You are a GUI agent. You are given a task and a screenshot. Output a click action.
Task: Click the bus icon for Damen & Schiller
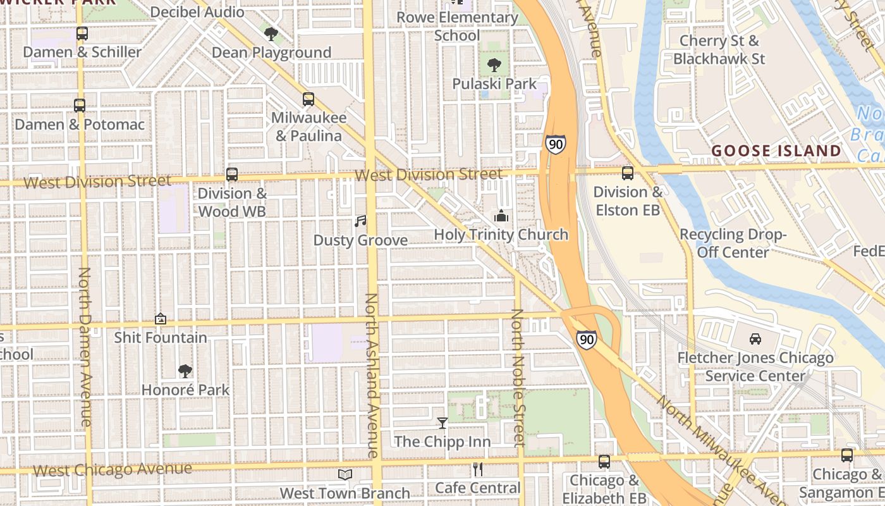coord(82,34)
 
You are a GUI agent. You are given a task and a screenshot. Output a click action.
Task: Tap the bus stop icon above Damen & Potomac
coord(80,106)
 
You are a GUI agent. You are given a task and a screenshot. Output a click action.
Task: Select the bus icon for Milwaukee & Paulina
coord(308,99)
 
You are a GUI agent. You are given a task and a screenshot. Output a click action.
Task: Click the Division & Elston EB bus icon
coord(628,173)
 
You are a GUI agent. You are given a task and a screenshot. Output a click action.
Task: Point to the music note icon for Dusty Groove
coord(360,221)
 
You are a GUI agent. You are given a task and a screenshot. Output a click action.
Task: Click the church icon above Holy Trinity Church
coord(501,216)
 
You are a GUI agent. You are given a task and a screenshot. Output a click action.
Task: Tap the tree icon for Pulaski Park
coord(494,65)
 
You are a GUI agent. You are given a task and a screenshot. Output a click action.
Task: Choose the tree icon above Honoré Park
coord(185,371)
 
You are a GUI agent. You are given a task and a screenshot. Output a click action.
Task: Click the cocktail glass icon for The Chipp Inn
coord(442,423)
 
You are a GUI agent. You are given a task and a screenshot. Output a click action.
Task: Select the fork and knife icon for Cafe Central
coord(478,469)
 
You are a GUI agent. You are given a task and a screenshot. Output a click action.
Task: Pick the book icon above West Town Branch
coord(345,474)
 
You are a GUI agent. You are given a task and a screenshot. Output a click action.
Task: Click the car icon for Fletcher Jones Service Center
coord(755,339)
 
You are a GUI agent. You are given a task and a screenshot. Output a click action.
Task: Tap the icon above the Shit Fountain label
coord(161,319)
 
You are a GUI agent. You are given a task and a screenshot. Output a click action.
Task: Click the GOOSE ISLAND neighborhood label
coord(776,151)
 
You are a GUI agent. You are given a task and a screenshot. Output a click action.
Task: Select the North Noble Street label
coord(518,377)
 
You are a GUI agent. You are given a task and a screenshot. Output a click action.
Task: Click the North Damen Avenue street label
coord(85,347)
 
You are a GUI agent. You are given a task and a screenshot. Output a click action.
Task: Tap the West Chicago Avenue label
coord(112,469)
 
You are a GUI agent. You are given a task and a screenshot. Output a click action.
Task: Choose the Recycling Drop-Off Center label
coord(733,243)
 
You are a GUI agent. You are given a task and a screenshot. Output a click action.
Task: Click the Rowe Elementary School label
coord(457,26)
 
